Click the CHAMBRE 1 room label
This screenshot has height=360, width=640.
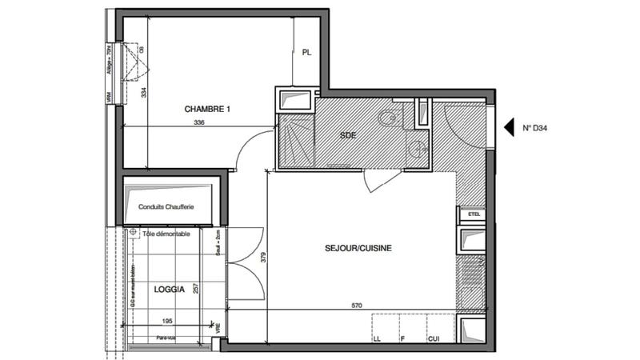coord(207,110)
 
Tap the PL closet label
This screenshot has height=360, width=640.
coord(306,54)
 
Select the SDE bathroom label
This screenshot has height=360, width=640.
coord(348,135)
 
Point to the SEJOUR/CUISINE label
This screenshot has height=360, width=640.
coord(358,249)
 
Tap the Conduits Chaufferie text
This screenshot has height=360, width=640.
coord(166,206)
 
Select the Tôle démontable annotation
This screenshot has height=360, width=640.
coord(166,234)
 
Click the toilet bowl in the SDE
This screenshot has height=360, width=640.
coord(388,118)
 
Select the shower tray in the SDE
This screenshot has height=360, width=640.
coord(296,141)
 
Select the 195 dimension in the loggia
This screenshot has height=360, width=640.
coord(167,321)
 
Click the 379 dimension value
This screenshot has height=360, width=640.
coord(263,258)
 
